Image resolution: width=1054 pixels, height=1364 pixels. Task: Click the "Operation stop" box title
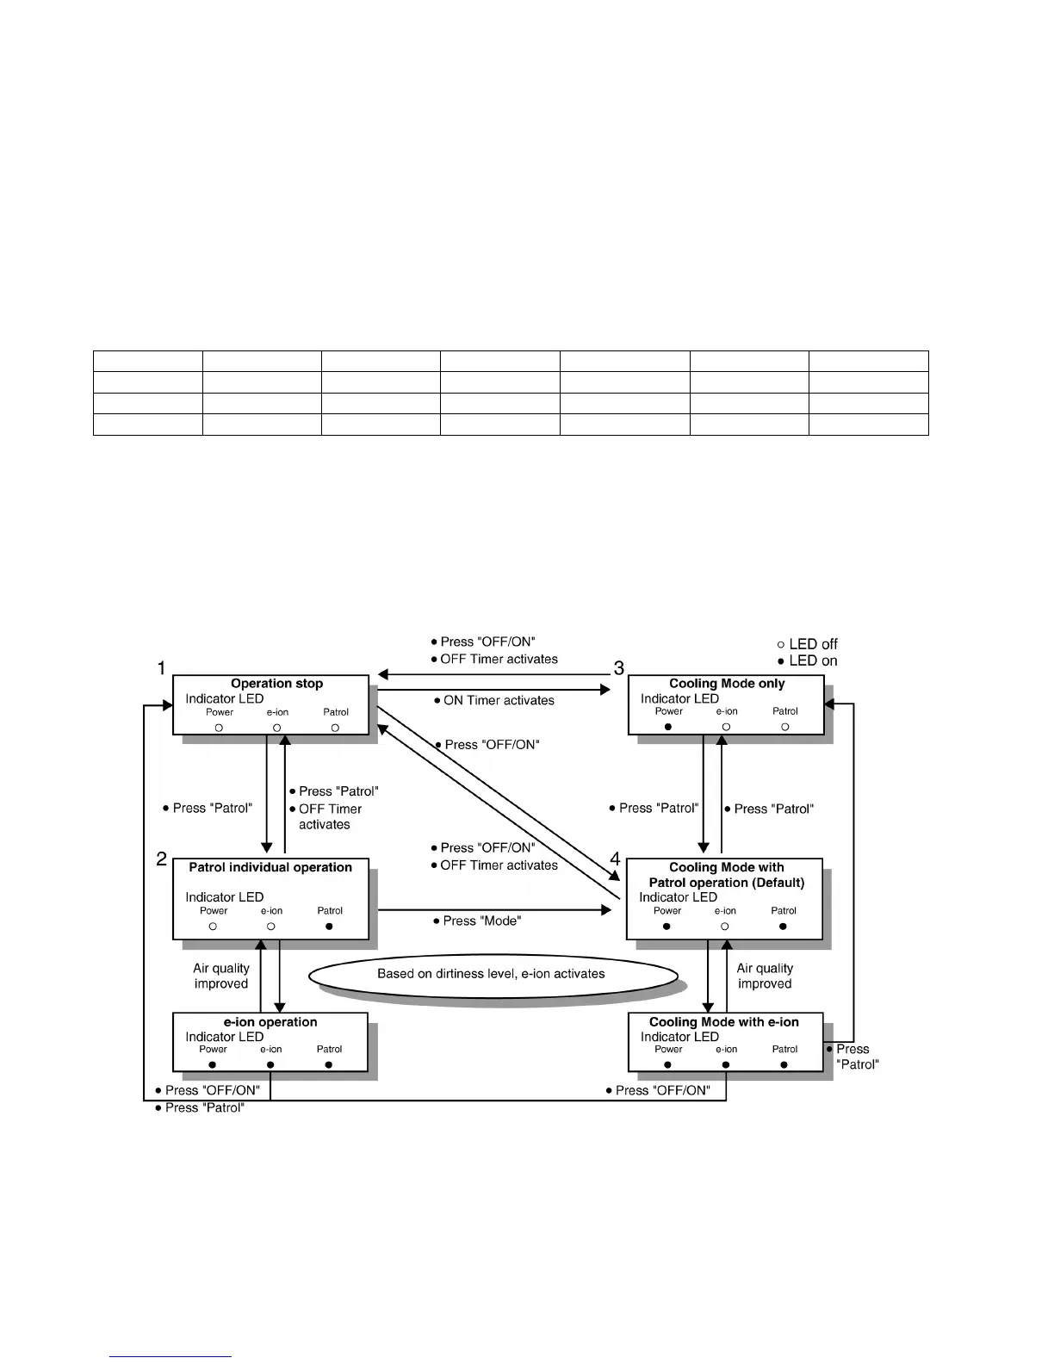(x=276, y=684)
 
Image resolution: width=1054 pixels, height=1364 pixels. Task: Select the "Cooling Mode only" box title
(x=727, y=684)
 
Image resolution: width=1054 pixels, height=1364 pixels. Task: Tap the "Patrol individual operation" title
(x=270, y=867)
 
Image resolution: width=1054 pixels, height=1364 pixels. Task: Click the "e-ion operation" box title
(x=270, y=1022)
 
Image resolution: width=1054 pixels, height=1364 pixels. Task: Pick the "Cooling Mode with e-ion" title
(x=724, y=1022)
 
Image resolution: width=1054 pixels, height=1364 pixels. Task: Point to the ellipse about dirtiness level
(x=492, y=974)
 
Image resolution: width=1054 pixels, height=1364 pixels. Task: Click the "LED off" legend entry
(x=807, y=644)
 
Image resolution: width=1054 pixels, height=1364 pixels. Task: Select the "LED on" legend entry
(x=807, y=661)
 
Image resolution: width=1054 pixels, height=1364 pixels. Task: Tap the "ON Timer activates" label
(x=499, y=701)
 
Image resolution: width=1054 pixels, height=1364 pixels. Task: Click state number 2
(x=161, y=859)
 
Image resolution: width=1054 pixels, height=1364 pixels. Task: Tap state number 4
(x=615, y=859)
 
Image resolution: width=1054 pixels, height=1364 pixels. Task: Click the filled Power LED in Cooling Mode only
(x=668, y=727)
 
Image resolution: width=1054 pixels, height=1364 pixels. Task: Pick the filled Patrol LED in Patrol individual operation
(x=329, y=927)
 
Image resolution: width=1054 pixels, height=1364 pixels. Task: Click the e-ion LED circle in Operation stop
(x=277, y=728)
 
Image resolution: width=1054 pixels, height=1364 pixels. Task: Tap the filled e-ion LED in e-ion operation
(x=270, y=1065)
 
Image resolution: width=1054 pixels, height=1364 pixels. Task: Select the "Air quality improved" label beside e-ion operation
(x=221, y=976)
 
